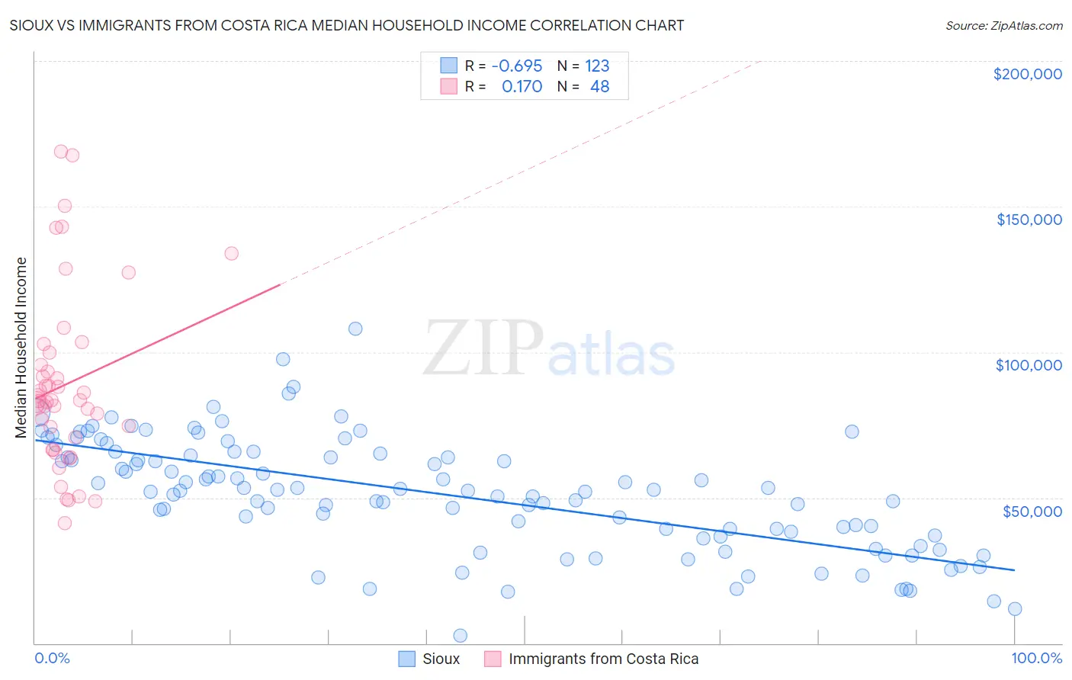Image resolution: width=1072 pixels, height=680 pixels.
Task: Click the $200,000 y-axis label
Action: tap(1027, 74)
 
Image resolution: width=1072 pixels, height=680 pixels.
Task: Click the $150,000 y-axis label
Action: tap(1029, 220)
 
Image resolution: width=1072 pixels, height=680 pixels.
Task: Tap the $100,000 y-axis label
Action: tap(1029, 365)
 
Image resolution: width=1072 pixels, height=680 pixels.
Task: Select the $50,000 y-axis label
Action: tap(1032, 511)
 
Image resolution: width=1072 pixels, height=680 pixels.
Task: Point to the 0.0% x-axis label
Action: tap(52, 659)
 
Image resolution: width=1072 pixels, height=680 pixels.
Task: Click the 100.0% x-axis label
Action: tap(1036, 659)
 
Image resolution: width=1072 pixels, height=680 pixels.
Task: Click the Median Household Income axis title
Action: tap(21, 348)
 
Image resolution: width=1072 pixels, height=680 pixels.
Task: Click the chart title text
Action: tap(346, 25)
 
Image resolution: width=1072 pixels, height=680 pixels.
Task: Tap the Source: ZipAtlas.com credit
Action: tap(1003, 25)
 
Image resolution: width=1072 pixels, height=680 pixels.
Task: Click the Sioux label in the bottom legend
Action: tap(441, 659)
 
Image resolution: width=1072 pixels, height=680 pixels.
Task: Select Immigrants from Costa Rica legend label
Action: tap(603, 659)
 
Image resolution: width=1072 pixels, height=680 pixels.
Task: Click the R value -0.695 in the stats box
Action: tap(516, 66)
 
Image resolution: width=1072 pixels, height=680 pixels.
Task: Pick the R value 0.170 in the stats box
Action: tap(522, 87)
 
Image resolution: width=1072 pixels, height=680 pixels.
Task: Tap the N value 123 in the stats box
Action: tap(597, 66)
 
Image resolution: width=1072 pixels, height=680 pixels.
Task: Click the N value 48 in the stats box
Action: tap(599, 87)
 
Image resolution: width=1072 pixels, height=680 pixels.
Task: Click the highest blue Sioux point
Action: tap(355, 329)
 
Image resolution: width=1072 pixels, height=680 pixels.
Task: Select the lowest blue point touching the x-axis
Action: tap(460, 636)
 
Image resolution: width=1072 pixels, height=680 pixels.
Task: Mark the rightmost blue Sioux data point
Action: tap(1015, 608)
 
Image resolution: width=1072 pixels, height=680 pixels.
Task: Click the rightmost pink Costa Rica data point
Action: tap(231, 253)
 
